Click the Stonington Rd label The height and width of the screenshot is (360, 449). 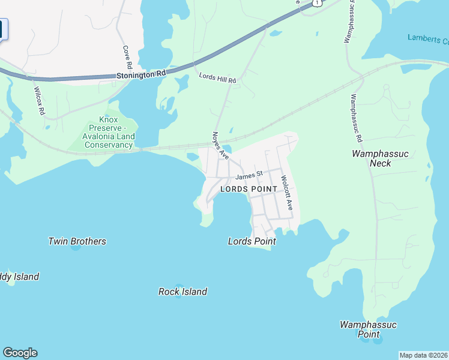[x=140, y=73]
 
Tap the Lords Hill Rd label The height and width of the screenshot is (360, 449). [x=217, y=79]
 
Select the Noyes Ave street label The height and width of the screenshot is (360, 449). [x=221, y=146]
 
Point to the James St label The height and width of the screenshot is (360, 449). [x=249, y=176]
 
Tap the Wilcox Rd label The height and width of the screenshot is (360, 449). [x=39, y=101]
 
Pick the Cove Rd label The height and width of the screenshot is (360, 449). [x=127, y=57]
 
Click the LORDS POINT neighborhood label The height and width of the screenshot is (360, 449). [x=249, y=189]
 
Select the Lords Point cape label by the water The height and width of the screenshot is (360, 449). [x=252, y=241]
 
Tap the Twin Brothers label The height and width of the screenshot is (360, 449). [x=77, y=241]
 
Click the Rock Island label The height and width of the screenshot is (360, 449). [x=182, y=292]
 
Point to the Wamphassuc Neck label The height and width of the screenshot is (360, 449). [x=379, y=158]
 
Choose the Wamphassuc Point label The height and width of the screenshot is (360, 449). [x=368, y=329]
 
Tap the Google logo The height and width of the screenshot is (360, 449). [x=20, y=353]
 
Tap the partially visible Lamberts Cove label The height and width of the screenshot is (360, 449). [x=428, y=39]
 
